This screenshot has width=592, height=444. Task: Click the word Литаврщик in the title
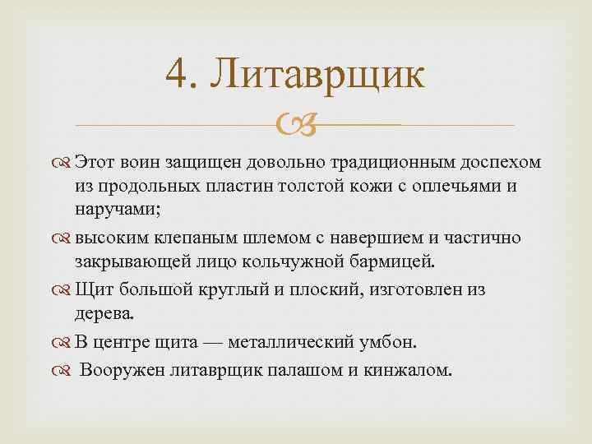pos(317,76)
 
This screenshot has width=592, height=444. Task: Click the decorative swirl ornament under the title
pos(294,126)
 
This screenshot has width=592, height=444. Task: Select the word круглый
pos(253,289)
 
